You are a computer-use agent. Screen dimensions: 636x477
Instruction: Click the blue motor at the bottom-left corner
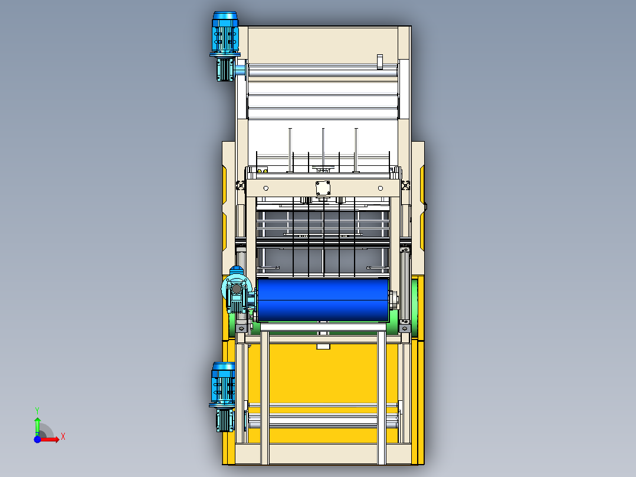tap(222, 384)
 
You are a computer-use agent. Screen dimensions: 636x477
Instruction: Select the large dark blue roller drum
tap(323, 300)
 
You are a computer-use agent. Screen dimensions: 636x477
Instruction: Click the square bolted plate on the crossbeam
tap(323, 188)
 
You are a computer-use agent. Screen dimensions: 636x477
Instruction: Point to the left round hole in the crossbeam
tap(265, 188)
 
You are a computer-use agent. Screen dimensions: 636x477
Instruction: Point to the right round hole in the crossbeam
tap(380, 188)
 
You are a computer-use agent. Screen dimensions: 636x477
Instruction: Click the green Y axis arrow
tap(37, 426)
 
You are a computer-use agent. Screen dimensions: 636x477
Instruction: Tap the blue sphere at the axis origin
tap(37, 439)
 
